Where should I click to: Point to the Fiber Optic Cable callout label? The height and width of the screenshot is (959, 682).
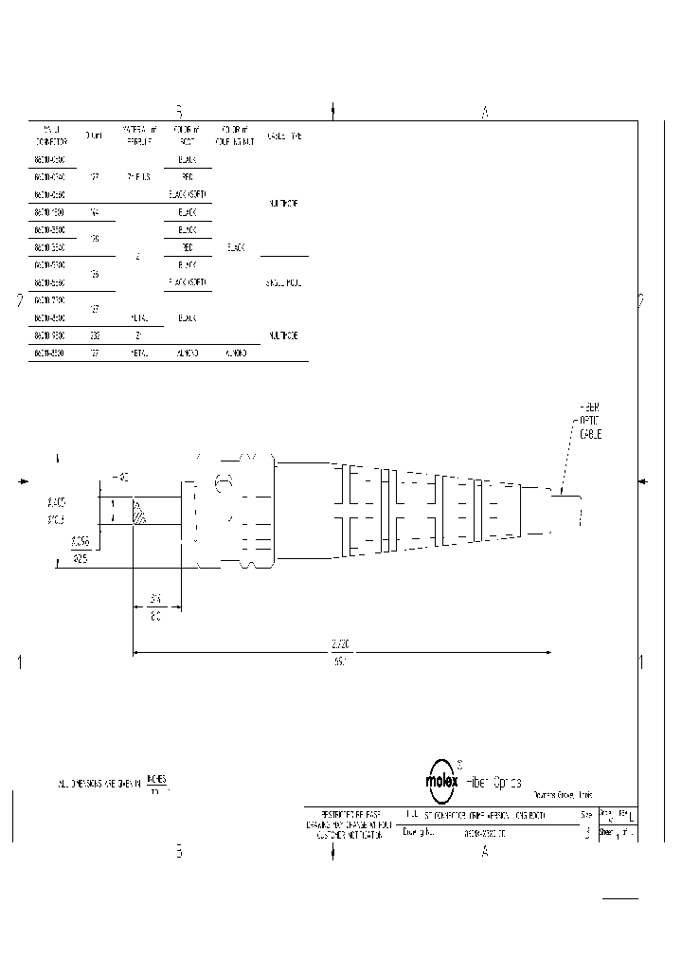click(x=589, y=420)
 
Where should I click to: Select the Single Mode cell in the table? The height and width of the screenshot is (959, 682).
click(x=284, y=282)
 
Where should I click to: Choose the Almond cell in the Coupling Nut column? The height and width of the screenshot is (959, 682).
click(x=236, y=353)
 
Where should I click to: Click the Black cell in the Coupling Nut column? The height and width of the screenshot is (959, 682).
click(x=236, y=247)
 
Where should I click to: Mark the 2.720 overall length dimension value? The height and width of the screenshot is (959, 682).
click(x=339, y=644)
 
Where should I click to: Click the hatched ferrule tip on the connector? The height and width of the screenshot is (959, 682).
click(x=140, y=512)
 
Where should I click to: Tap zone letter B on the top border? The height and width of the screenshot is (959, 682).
click(x=178, y=111)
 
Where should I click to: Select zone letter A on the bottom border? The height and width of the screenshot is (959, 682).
click(x=485, y=852)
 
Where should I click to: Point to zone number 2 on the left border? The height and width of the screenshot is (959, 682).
click(x=20, y=302)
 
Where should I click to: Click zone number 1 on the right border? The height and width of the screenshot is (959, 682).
click(x=641, y=662)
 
